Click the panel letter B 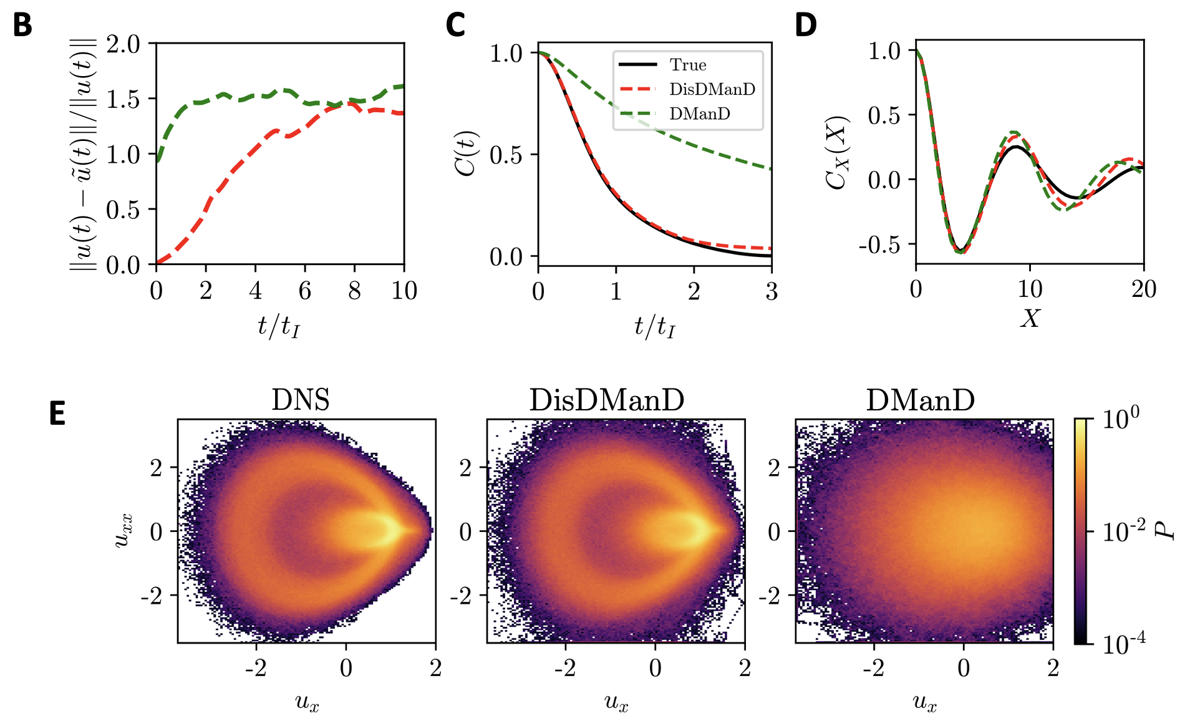(x=22, y=26)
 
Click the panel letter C (x=455, y=26)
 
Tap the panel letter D (x=806, y=26)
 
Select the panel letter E (x=57, y=414)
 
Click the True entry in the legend (x=687, y=65)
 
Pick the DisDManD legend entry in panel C (x=712, y=89)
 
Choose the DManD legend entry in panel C (x=699, y=114)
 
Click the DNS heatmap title (x=300, y=400)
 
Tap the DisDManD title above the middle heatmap (x=606, y=400)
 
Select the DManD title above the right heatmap (x=920, y=400)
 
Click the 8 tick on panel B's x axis (x=354, y=291)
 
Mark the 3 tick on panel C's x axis (x=772, y=291)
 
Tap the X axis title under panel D (x=1030, y=319)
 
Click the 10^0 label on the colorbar (x=1120, y=418)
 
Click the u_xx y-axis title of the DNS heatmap (x=123, y=531)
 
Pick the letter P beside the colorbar (x=1164, y=531)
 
